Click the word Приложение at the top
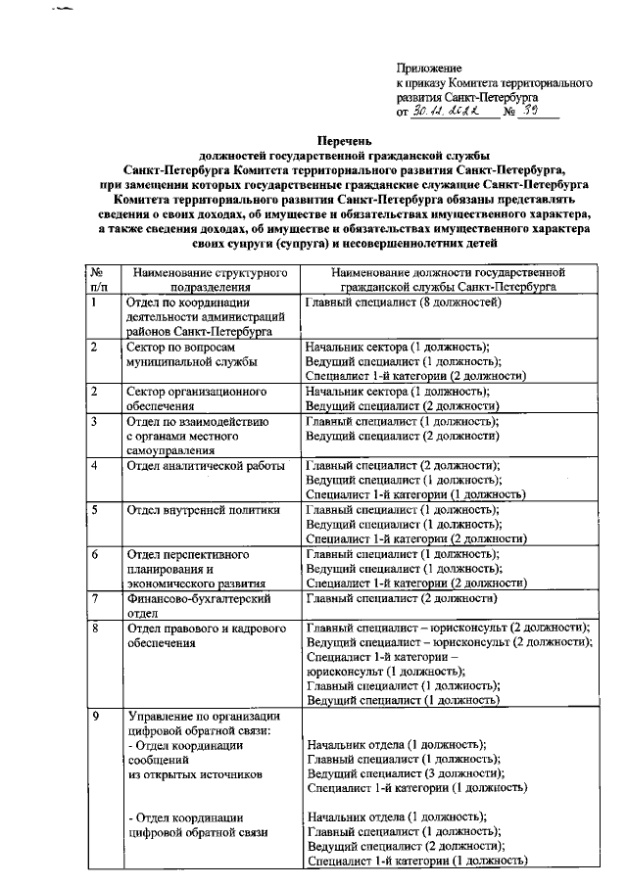click(428, 67)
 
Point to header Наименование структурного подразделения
click(210, 279)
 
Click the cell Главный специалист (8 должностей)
click(404, 303)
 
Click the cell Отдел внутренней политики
click(204, 510)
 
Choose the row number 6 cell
click(93, 554)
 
